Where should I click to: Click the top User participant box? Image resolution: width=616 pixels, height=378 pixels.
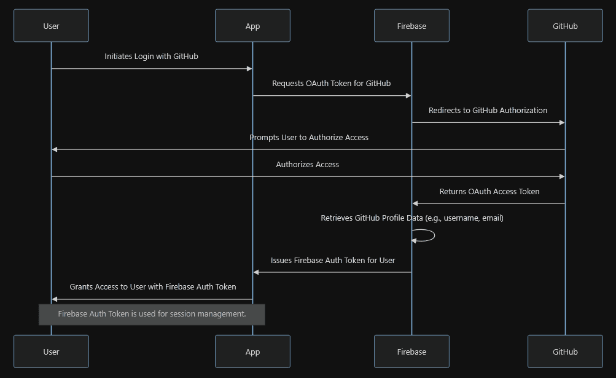click(x=51, y=26)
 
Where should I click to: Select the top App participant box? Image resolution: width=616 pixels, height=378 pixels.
click(x=252, y=26)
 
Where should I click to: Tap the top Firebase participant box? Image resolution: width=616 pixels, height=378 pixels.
click(x=411, y=26)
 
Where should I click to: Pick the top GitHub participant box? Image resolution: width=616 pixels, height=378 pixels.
click(x=565, y=26)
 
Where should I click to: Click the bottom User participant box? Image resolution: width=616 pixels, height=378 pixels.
click(x=51, y=352)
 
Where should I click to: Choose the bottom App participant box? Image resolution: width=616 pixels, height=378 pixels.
click(x=252, y=352)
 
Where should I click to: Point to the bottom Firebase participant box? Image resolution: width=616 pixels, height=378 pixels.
click(x=411, y=352)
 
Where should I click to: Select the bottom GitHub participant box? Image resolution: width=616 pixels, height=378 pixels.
click(x=565, y=352)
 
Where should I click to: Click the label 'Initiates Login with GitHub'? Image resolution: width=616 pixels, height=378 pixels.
click(x=151, y=56)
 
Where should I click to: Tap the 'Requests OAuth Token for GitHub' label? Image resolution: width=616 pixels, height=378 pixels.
click(x=331, y=83)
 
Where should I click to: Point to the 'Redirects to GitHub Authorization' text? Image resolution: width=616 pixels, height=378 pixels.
click(x=488, y=110)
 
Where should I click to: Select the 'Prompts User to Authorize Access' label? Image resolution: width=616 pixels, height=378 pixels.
click(x=309, y=137)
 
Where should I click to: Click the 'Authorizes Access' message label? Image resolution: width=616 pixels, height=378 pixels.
click(x=307, y=164)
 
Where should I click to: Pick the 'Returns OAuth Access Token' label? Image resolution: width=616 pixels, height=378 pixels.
click(x=489, y=191)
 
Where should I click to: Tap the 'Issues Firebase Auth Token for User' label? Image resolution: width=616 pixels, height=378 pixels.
click(x=332, y=260)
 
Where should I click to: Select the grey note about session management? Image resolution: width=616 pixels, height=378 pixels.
click(x=152, y=314)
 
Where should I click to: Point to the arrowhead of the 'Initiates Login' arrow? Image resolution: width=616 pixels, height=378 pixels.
click(x=249, y=69)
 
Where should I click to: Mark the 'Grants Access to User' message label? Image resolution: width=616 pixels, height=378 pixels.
click(x=152, y=286)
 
